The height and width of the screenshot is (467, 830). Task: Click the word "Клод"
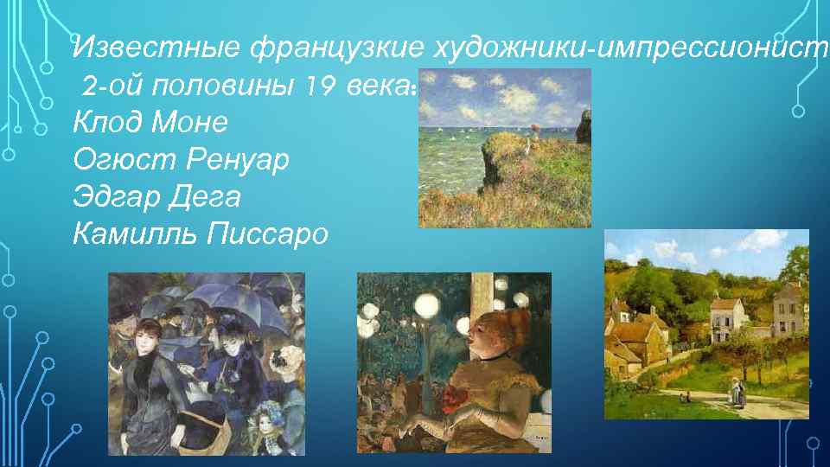[x=109, y=123]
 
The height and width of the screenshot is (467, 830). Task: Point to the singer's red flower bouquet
[x=452, y=397]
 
